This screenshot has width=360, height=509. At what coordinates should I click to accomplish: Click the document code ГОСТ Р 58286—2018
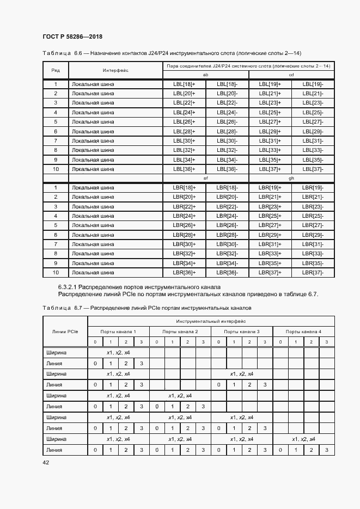tap(72, 37)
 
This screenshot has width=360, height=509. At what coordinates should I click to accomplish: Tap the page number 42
tap(46, 462)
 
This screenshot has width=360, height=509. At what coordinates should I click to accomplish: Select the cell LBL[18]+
tap(184, 84)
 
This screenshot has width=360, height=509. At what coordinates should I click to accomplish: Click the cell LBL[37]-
tap(313, 169)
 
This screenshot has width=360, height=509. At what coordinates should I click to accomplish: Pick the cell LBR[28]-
tap(227, 235)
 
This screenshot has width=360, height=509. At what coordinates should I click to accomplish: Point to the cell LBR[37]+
tap(270, 272)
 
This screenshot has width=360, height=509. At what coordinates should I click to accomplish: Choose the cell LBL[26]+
tap(184, 122)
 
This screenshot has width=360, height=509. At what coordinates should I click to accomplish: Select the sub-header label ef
tap(205, 178)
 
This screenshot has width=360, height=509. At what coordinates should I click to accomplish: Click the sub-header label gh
tap(291, 178)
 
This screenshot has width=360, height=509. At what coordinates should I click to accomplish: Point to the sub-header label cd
tap(291, 75)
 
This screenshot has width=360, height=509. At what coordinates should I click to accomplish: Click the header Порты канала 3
tap(242, 332)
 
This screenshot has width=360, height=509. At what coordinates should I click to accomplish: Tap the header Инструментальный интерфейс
tap(211, 322)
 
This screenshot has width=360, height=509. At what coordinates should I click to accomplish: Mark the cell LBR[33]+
tap(270, 254)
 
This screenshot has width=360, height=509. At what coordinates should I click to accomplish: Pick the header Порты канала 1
tap(118, 332)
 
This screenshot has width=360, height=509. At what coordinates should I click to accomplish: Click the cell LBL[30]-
tap(227, 141)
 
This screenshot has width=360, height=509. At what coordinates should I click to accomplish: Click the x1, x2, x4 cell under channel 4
tap(303, 439)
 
